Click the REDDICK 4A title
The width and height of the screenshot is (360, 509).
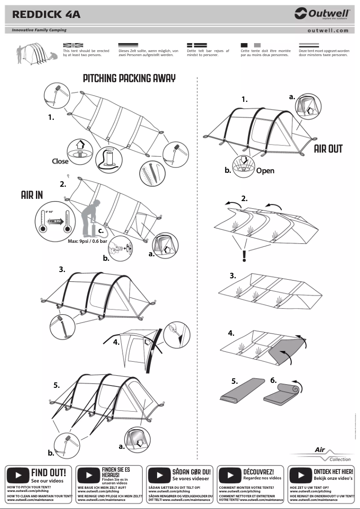click(x=46, y=14)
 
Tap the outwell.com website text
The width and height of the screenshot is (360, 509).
click(x=328, y=31)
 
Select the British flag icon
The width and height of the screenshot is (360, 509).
click(x=73, y=45)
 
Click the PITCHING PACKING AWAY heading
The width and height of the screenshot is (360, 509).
click(x=129, y=79)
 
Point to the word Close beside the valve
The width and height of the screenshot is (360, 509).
click(x=60, y=161)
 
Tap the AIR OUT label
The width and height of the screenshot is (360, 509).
click(x=328, y=149)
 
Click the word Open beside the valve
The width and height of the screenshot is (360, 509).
click(x=265, y=171)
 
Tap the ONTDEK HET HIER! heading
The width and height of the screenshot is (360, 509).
click(x=333, y=472)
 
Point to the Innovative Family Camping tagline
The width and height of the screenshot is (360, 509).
click(x=36, y=31)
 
